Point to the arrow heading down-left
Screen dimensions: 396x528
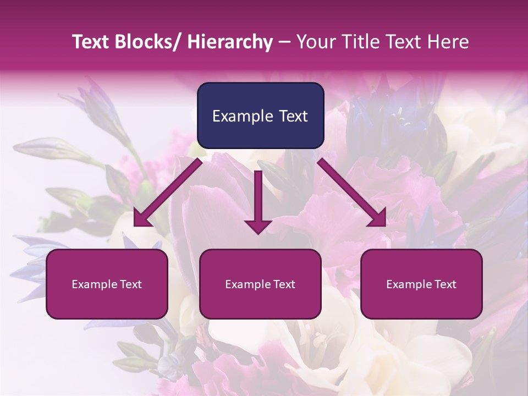pos(168,193)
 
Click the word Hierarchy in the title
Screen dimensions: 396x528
pos(229,42)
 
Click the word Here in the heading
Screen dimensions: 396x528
pos(448,42)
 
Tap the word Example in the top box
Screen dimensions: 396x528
pos(243,116)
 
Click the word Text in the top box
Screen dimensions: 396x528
pos(293,116)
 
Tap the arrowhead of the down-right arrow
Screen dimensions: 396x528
pos(378,218)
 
